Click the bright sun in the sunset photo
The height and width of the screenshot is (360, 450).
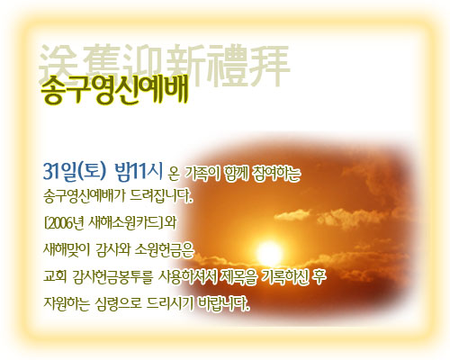(x=269, y=254)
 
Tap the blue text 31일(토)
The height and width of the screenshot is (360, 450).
(x=75, y=172)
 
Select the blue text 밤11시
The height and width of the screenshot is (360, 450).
(x=139, y=172)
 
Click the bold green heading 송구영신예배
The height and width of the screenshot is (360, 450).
(x=114, y=89)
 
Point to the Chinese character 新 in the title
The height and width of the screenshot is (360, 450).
(x=186, y=65)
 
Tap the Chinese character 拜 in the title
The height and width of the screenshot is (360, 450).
(x=269, y=66)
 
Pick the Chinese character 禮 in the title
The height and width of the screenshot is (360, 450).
(x=227, y=66)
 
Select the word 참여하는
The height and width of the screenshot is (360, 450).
(x=276, y=174)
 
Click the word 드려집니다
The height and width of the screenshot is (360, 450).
(x=161, y=196)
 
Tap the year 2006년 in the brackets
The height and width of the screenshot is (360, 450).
(x=65, y=223)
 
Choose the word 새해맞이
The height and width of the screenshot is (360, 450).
(x=67, y=249)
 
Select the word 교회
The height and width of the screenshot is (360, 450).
(x=55, y=276)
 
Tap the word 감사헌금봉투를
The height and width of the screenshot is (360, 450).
(x=112, y=276)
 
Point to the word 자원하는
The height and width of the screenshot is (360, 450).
(x=67, y=303)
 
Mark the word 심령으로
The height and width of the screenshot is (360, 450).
(x=118, y=303)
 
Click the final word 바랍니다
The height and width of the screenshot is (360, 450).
(x=224, y=303)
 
